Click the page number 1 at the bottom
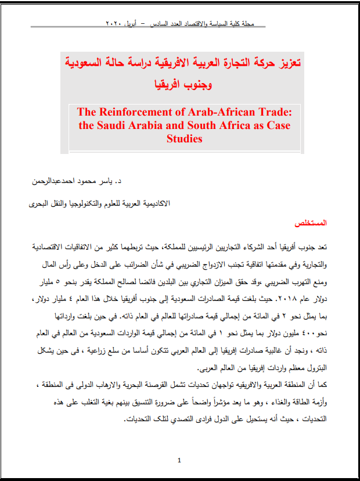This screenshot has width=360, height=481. pyautogui.click(x=179, y=461)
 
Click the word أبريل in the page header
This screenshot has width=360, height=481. pyautogui.click(x=137, y=25)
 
